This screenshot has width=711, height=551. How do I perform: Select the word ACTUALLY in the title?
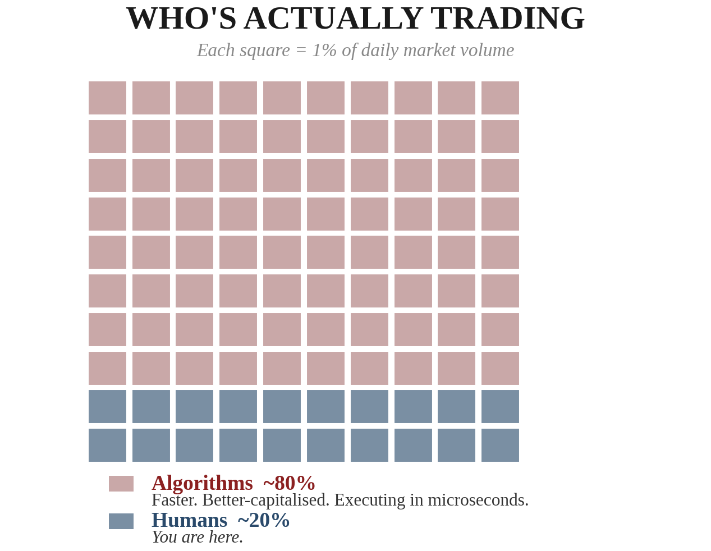tap(333, 19)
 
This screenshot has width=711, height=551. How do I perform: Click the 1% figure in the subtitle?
tap(324, 50)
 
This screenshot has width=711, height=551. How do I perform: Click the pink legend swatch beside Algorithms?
tap(121, 484)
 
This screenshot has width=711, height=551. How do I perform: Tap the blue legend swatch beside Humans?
tap(121, 521)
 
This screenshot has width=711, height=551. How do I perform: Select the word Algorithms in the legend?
tap(202, 483)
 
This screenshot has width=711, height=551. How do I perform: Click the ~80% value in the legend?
tap(289, 483)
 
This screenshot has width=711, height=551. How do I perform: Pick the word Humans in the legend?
tap(189, 521)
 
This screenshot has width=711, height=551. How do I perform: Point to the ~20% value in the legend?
tap(263, 521)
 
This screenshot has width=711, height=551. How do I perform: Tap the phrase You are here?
tap(198, 538)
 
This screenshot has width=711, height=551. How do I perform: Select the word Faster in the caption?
tap(174, 500)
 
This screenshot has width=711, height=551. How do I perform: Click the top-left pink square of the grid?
tap(107, 98)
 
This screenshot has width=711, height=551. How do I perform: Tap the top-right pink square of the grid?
tap(500, 98)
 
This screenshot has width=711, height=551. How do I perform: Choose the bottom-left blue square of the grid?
tap(107, 446)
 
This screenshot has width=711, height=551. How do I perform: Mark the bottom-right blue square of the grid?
tap(500, 446)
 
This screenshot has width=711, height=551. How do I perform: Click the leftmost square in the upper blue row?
tap(107, 407)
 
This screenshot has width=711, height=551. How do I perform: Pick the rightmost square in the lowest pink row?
tap(500, 369)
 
